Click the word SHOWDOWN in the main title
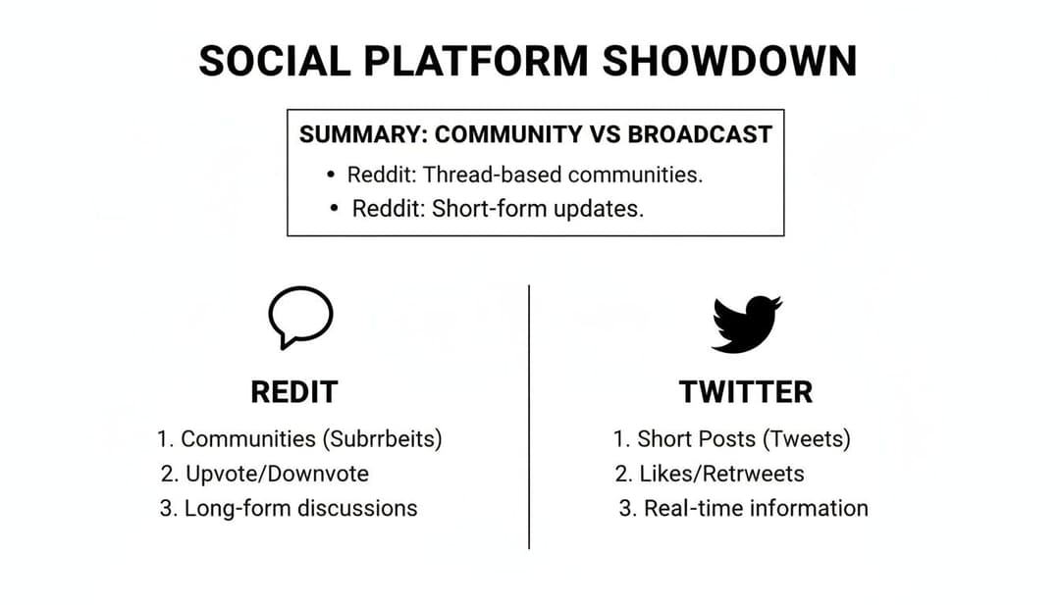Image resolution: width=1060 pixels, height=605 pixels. (729, 61)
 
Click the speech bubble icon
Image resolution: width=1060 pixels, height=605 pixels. (299, 317)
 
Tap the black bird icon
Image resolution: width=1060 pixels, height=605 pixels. (747, 324)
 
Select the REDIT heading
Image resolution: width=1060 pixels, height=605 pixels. (294, 392)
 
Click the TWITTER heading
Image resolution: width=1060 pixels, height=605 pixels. (746, 392)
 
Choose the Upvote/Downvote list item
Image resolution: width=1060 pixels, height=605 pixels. (265, 474)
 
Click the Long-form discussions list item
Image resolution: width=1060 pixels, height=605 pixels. (289, 508)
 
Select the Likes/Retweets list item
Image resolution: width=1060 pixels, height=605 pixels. (710, 474)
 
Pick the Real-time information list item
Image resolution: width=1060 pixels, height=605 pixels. (743, 508)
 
